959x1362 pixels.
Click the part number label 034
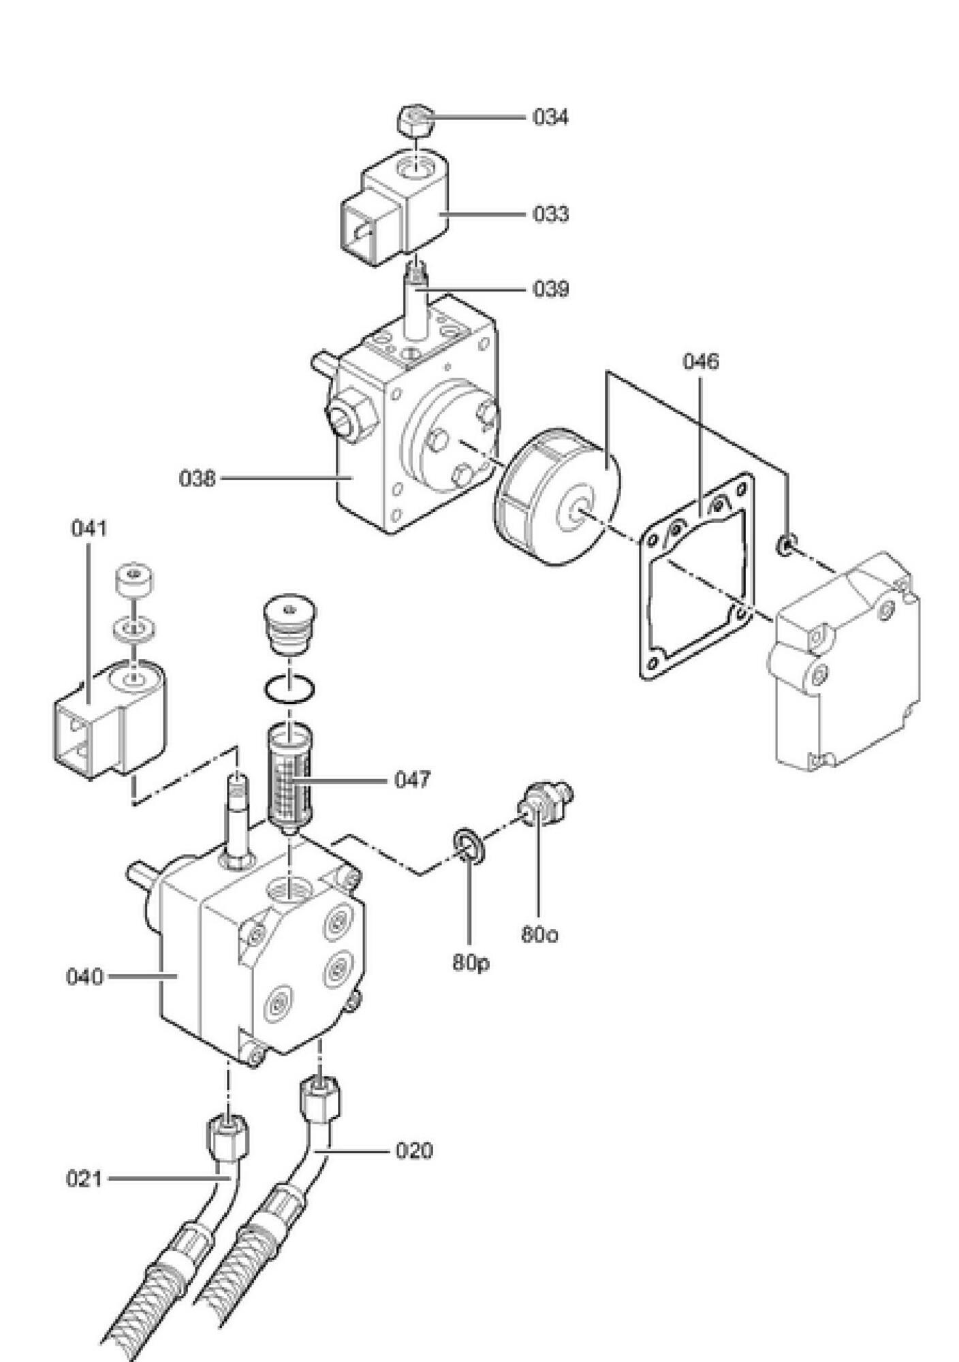pyautogui.click(x=550, y=117)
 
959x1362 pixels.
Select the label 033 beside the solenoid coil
pyautogui.click(x=550, y=214)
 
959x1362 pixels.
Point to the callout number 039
pyautogui.click(x=550, y=289)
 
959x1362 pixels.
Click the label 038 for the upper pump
pyautogui.click(x=197, y=478)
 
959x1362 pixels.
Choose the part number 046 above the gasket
pyautogui.click(x=701, y=361)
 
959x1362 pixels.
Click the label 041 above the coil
pyautogui.click(x=89, y=528)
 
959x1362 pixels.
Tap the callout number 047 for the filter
pyautogui.click(x=412, y=779)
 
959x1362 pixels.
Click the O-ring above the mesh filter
pyautogui.click(x=290, y=691)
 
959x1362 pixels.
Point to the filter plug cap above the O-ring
pyautogui.click(x=289, y=626)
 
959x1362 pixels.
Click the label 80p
pyautogui.click(x=471, y=963)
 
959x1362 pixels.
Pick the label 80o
pyautogui.click(x=539, y=934)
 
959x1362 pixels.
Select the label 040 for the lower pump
pyautogui.click(x=84, y=977)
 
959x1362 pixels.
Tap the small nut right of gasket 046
pyautogui.click(x=785, y=544)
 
